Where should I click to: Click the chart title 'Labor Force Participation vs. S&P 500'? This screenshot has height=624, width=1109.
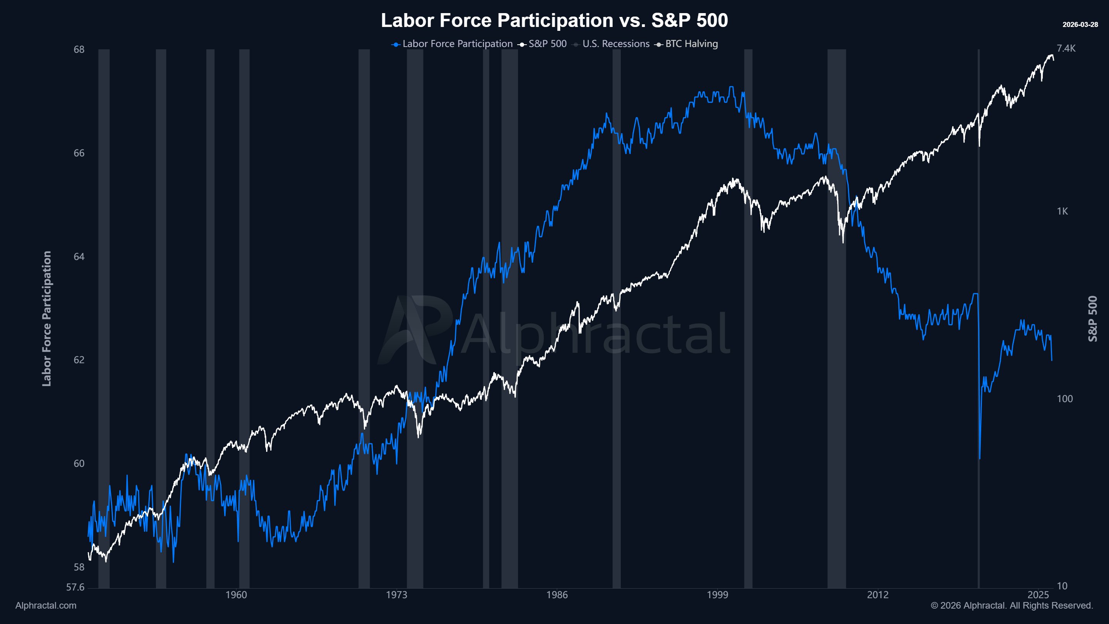554,20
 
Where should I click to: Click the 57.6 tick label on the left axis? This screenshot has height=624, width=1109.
75,587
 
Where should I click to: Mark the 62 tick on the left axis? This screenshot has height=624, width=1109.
79,360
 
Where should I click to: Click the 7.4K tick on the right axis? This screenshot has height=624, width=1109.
1066,48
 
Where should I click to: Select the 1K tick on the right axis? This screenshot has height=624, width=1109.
1062,211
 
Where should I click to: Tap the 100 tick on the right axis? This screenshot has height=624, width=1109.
1064,399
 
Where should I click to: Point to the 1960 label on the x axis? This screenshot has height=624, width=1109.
236,595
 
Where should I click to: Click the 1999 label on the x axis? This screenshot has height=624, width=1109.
717,595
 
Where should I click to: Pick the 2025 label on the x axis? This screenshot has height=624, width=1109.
1038,595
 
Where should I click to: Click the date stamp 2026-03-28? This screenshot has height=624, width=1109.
1080,25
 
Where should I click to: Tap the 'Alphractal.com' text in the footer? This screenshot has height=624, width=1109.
46,606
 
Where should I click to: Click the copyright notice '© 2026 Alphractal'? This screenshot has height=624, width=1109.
1011,606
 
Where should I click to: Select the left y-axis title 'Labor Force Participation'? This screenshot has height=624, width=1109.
47,319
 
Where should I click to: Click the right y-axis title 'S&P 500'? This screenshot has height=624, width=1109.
1092,319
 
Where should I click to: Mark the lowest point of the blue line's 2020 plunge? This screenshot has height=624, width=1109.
979,459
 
